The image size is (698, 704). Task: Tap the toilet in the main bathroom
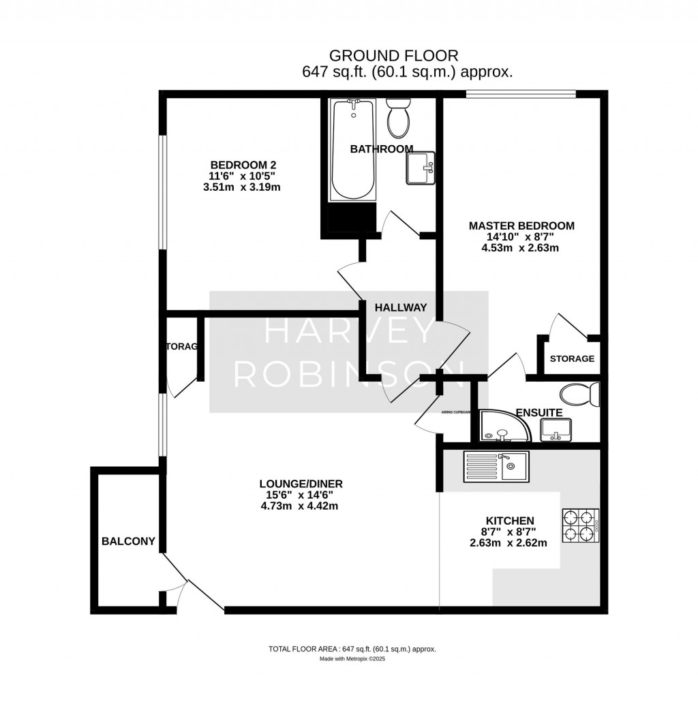pos(397,118)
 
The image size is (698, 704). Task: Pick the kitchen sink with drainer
pos(495,467)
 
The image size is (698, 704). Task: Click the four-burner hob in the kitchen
pos(580,526)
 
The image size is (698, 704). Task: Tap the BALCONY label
pos(128,542)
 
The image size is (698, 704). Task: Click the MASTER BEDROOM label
pos(521,226)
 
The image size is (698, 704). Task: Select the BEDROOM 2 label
pos(243,165)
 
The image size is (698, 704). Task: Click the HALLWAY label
pos(401,307)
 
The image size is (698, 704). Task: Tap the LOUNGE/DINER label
pos(300,484)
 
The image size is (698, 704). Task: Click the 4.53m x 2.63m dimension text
pos(521,247)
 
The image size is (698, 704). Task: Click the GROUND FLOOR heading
pos(393,55)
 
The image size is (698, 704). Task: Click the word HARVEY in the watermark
pos(348,331)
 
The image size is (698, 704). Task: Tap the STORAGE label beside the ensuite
pos(572,358)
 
